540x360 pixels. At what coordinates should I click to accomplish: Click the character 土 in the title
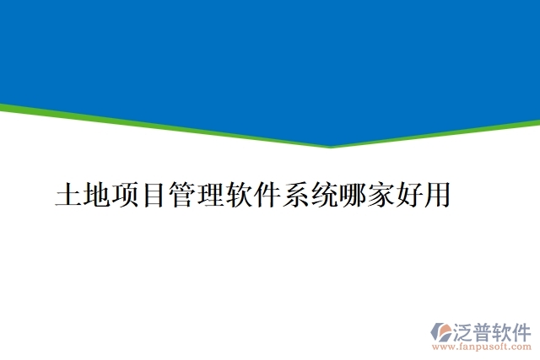[x=68, y=195]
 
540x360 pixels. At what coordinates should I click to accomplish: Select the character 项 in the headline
[x=125, y=195]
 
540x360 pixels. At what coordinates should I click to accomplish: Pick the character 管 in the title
[x=181, y=195]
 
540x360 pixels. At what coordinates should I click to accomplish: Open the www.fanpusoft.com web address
[x=481, y=346]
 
